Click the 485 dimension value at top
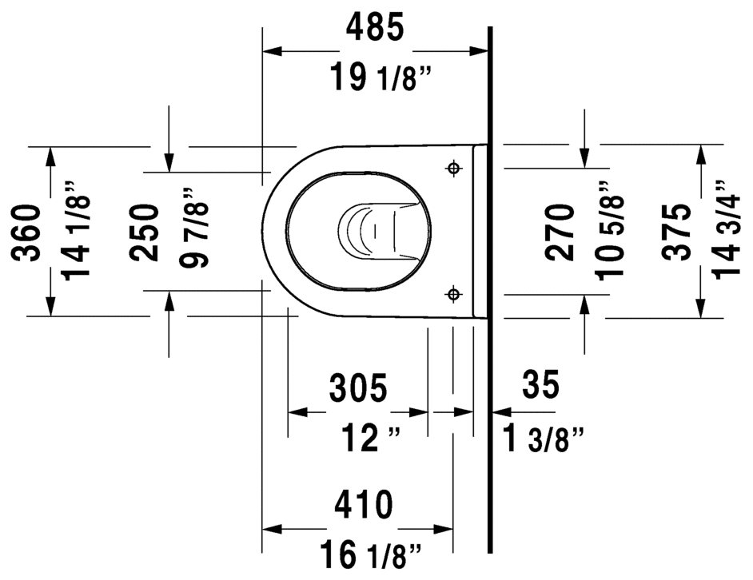point(375,29)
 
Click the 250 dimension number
point(145,232)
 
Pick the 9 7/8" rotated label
point(193,229)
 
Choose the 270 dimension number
point(560,232)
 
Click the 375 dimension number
point(679,232)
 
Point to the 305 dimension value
point(358,388)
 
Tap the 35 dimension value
point(541,386)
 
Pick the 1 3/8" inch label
point(544,439)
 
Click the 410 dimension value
point(363,505)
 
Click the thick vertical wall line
point(489,320)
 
